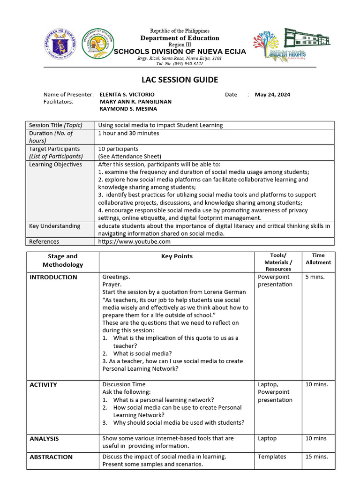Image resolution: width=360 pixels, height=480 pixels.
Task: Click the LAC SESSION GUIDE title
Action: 180,80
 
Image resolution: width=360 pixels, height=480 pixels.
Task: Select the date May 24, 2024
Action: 272,94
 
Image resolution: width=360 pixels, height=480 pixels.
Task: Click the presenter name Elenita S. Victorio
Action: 124,94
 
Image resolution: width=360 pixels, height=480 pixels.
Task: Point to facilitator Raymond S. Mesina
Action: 128,109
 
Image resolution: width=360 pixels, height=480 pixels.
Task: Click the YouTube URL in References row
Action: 134,241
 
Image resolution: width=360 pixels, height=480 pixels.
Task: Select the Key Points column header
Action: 177,256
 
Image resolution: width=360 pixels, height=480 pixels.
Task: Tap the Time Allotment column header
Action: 318,259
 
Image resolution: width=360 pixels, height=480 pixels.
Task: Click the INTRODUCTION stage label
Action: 53,277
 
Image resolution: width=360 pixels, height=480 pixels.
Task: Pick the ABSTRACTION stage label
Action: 51,457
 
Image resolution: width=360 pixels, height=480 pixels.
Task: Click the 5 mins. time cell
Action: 315,277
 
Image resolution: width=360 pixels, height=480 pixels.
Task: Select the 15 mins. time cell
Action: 316,457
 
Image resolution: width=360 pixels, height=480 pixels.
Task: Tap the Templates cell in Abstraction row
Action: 272,457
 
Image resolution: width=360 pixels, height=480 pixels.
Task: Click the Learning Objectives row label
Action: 55,165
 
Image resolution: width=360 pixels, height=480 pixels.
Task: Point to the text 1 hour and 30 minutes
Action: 128,133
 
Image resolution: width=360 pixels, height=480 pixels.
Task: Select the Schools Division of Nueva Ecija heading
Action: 180,52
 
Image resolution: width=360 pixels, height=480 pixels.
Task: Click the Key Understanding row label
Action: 54,226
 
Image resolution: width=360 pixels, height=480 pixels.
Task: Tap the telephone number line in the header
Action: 180,64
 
